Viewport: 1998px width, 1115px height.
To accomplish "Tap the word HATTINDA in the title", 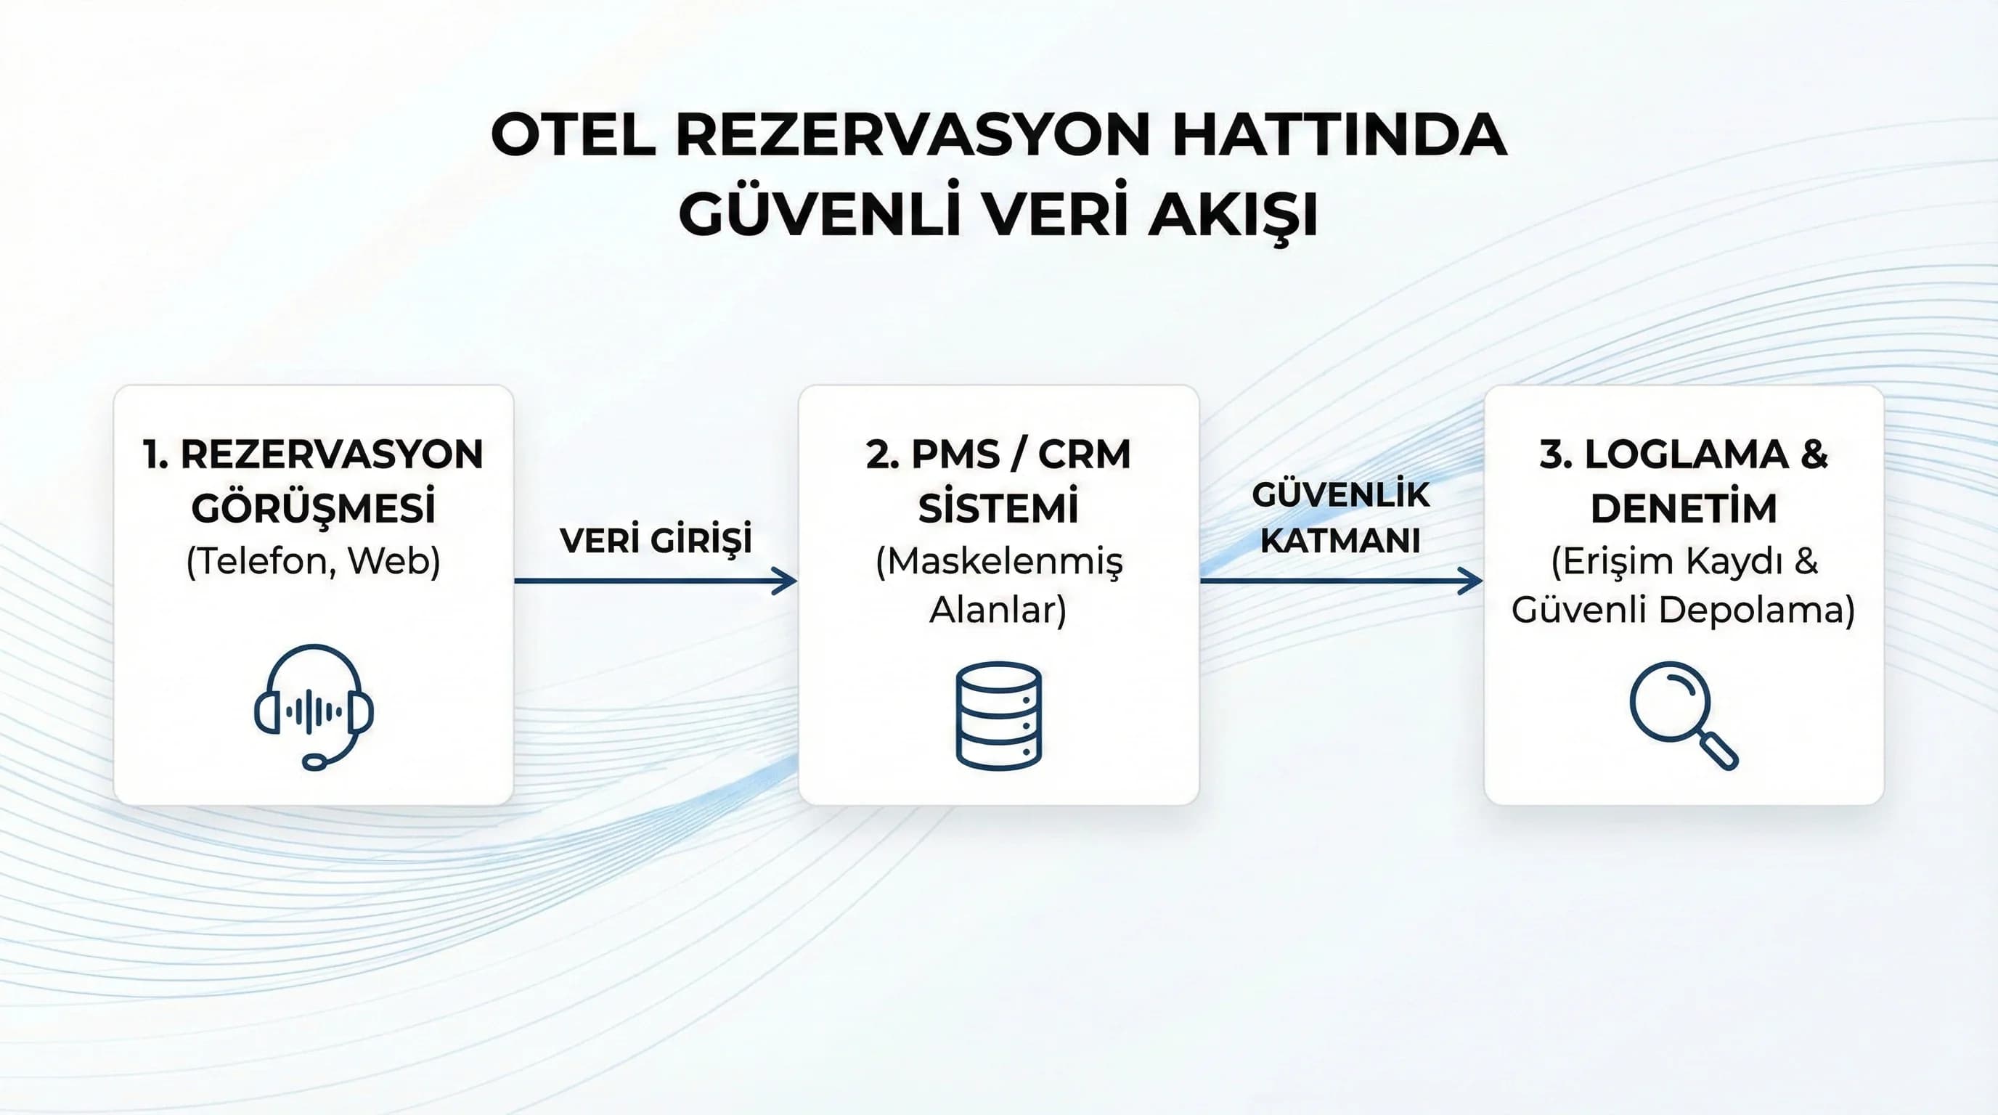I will (x=1339, y=136).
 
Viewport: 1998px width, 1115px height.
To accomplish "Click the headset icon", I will (x=314, y=706).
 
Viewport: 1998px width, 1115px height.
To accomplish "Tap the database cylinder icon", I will (x=998, y=715).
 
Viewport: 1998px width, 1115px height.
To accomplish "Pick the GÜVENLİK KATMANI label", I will (x=1340, y=517).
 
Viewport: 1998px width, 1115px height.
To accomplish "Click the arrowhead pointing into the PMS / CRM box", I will (x=786, y=581).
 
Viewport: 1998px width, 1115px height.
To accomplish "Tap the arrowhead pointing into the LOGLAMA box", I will (x=1472, y=581).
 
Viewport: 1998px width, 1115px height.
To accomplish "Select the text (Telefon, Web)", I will (x=314, y=560).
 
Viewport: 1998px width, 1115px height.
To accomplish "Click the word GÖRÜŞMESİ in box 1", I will (x=314, y=509).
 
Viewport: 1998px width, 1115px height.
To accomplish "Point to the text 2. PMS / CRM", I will (x=998, y=454).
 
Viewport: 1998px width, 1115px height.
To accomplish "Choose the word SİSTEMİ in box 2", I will (x=998, y=509).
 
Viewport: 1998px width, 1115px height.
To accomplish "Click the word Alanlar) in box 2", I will (x=998, y=610).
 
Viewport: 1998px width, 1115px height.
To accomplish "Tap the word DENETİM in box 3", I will (x=1683, y=509).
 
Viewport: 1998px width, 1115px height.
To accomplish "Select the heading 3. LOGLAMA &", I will (x=1683, y=454).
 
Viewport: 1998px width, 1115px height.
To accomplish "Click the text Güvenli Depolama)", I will (x=1683, y=610).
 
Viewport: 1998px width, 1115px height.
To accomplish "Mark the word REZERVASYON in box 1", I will (x=331, y=454).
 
